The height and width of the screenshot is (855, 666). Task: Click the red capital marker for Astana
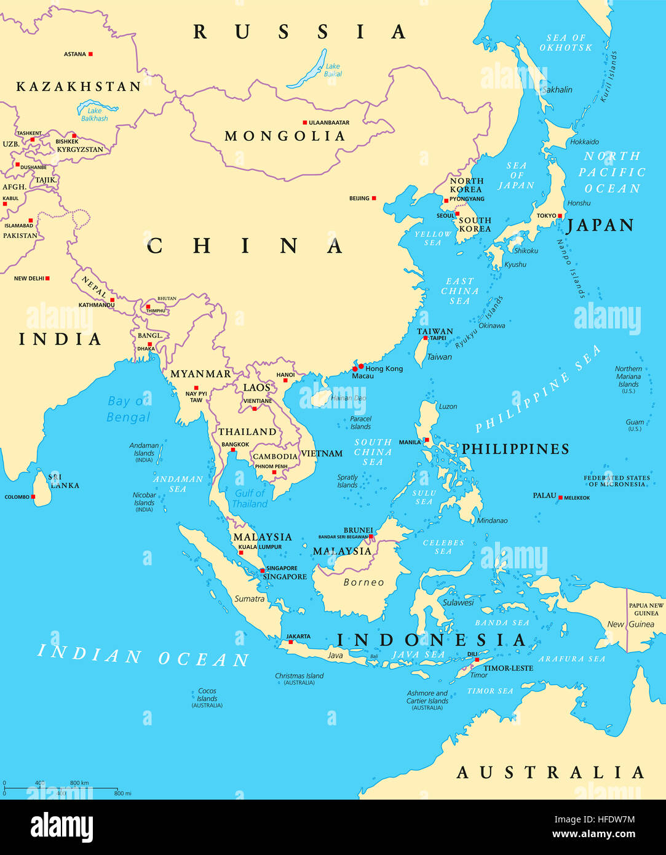tap(90, 54)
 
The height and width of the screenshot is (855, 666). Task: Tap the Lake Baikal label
tap(332, 70)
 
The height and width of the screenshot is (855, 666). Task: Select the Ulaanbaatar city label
tap(328, 123)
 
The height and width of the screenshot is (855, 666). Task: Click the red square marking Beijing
tap(373, 198)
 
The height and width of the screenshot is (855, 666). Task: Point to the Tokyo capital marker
tap(560, 216)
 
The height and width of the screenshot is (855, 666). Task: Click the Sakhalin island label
tap(557, 90)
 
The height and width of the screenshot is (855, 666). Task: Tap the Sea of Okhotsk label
tap(566, 42)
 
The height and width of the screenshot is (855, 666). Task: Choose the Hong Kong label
tap(384, 368)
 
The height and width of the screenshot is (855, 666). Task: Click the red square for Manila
tap(426, 440)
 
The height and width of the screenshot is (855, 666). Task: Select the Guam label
tap(635, 423)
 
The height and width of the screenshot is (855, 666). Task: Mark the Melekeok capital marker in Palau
tap(560, 497)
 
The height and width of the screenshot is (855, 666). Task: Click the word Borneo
tap(363, 582)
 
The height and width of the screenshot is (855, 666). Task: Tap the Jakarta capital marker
tap(290, 642)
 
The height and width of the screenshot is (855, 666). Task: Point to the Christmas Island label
tap(299, 676)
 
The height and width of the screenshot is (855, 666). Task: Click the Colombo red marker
tap(33, 496)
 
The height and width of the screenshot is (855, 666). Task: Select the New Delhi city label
tap(29, 279)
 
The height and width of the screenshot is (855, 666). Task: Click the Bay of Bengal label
tap(127, 409)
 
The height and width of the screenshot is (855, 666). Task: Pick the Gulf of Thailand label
tap(249, 498)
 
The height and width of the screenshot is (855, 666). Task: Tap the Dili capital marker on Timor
tap(477, 660)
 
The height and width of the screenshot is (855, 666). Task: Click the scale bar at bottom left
tap(60, 788)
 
